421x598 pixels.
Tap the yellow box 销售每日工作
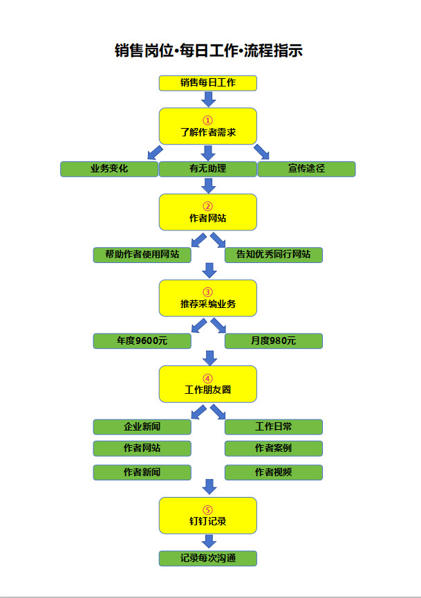click(208, 83)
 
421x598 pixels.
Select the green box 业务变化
click(109, 169)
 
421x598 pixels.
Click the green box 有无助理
click(208, 169)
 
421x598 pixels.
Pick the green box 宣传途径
click(306, 169)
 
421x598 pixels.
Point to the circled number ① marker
click(208, 120)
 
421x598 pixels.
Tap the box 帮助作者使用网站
click(142, 255)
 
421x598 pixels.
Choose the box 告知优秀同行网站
click(273, 255)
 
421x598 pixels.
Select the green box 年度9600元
click(142, 341)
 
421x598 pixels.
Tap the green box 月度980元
click(273, 341)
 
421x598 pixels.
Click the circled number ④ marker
click(208, 378)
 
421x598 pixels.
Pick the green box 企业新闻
click(142, 426)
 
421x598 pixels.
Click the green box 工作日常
click(273, 426)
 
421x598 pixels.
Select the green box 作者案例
click(273, 448)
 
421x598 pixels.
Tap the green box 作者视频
click(273, 473)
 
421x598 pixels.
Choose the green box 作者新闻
click(142, 473)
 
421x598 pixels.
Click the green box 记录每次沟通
click(208, 558)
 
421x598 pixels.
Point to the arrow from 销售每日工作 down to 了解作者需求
click(208, 99)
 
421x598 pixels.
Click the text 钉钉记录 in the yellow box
click(208, 521)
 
